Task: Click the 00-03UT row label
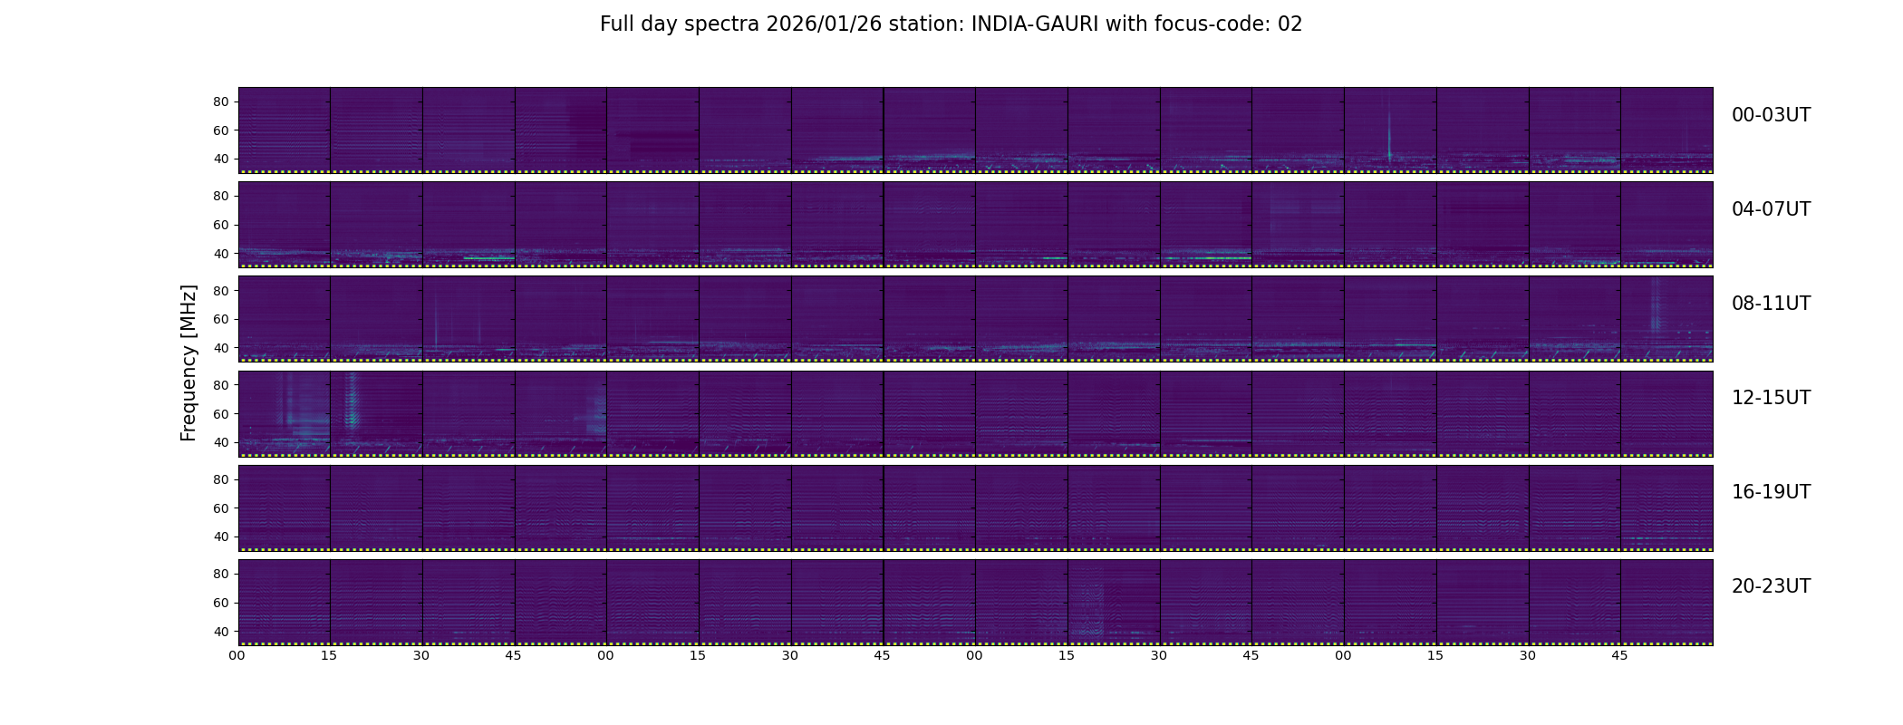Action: [1771, 115]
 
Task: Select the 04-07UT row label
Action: [1771, 209]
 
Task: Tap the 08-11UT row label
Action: [1771, 304]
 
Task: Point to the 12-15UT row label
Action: [1771, 398]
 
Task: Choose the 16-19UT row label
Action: [1771, 492]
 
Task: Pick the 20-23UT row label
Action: [1771, 586]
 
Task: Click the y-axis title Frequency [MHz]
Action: [188, 363]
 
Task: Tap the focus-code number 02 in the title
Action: [1290, 24]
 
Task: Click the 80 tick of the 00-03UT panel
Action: [220, 102]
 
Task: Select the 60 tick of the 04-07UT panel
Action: [220, 225]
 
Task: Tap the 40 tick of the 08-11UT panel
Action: [220, 348]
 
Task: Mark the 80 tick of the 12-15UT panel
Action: [220, 385]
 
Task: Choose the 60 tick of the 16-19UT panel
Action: [220, 508]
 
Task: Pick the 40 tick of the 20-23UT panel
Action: [220, 631]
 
